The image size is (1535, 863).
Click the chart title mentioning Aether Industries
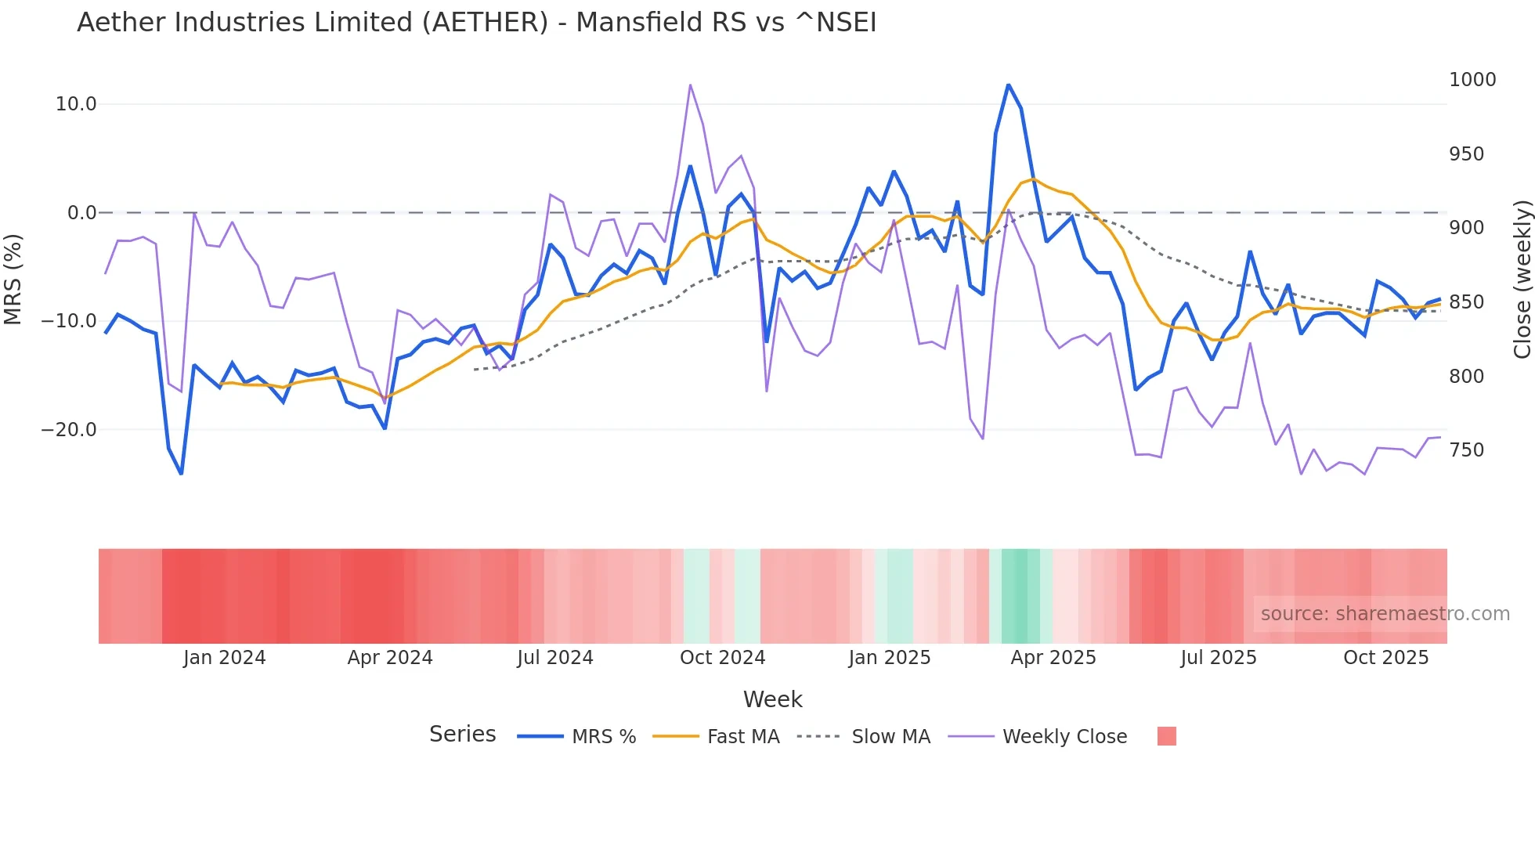[x=476, y=23]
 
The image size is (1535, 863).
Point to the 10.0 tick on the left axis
[x=76, y=104]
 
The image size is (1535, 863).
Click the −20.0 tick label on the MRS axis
[x=69, y=430]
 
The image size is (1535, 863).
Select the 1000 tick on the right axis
[x=1472, y=80]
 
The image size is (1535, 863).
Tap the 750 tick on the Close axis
[x=1466, y=450]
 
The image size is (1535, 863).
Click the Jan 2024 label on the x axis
[x=225, y=658]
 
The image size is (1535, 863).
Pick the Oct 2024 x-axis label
[x=722, y=658]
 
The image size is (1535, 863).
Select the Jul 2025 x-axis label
[x=1218, y=658]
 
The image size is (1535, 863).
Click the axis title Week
[x=772, y=699]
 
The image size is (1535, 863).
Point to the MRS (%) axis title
[x=13, y=279]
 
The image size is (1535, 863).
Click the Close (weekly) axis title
[x=1522, y=279]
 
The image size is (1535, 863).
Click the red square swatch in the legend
[x=1166, y=736]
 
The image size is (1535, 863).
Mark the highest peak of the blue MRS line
[x=1008, y=84]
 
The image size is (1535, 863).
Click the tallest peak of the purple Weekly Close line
[x=690, y=85]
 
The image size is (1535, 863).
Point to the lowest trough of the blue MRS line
[x=181, y=474]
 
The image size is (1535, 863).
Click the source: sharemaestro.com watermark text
[x=1385, y=614]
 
